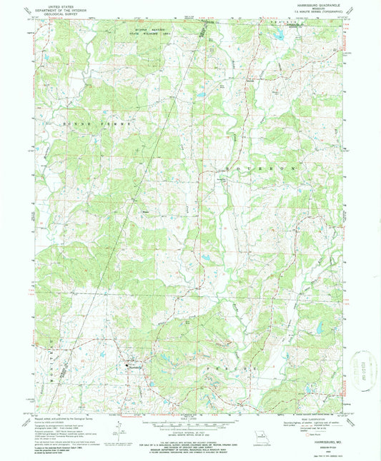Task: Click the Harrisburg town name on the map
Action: (x=135, y=369)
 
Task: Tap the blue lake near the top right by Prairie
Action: (x=282, y=34)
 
